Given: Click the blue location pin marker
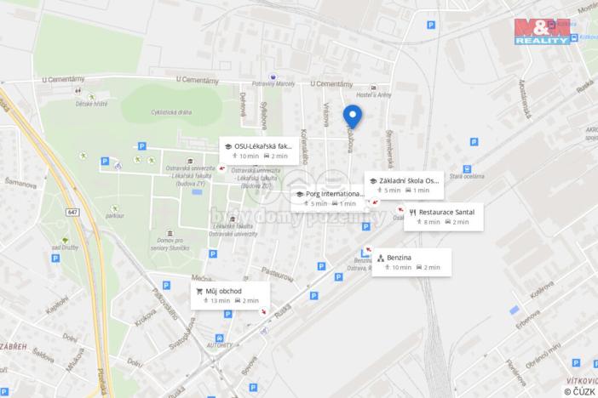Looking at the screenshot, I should point(352,117).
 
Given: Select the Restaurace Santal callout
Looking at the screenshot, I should point(444,216).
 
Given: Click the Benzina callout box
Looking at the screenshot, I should point(411,262).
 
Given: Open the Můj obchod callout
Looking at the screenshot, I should point(230,295).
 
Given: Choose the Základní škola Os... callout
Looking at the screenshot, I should point(404,185).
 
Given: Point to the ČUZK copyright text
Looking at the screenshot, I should point(579,391).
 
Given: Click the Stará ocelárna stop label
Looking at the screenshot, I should point(492,177).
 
